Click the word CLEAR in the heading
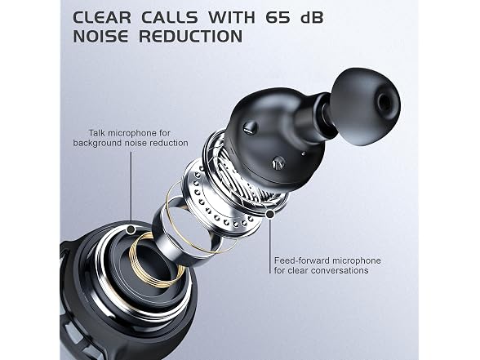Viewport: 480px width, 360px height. [102, 17]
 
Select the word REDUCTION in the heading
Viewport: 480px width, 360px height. [191, 36]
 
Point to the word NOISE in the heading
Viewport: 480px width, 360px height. [100, 36]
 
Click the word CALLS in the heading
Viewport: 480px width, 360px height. [170, 17]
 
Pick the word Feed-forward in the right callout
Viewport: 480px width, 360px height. [302, 260]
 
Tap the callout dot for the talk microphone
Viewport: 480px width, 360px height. [131, 229]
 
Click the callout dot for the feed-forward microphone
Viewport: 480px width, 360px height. [270, 215]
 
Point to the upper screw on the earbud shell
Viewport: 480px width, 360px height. [251, 127]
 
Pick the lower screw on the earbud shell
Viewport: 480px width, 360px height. [278, 162]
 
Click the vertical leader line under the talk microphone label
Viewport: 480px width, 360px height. [131, 188]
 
